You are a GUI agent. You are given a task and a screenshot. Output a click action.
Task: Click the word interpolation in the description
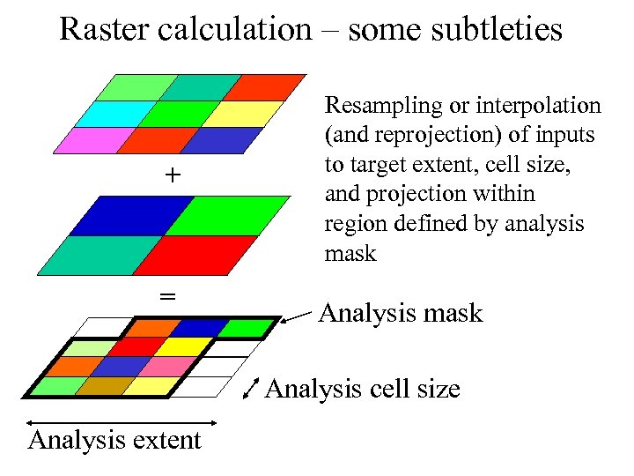[x=537, y=107]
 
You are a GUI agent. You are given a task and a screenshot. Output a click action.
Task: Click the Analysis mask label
[x=401, y=313]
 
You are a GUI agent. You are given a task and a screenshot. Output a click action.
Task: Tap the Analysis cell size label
[x=362, y=388]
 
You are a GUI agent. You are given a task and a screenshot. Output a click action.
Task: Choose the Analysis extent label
[x=114, y=439]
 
